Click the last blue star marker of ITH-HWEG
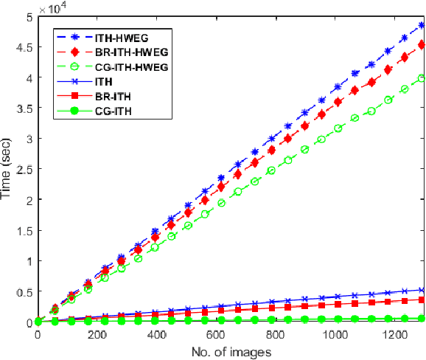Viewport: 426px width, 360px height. coord(422,25)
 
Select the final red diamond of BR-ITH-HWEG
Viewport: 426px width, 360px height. coord(422,45)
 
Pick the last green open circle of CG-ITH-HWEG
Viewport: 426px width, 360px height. coord(422,78)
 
